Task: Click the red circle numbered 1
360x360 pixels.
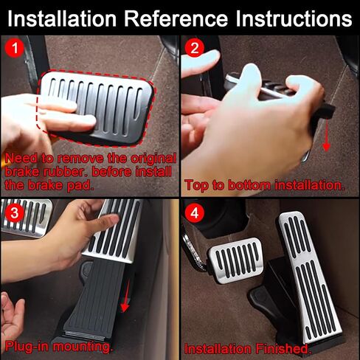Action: click(x=15, y=48)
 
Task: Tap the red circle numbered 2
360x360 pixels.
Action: click(x=194, y=48)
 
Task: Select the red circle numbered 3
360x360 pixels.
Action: click(x=15, y=212)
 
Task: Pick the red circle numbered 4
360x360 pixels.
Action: click(x=194, y=212)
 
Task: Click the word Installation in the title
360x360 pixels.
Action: click(x=62, y=18)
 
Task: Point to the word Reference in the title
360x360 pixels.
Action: click(x=176, y=18)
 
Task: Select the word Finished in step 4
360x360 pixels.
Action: click(x=282, y=348)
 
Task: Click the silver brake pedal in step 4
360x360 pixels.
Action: click(x=236, y=260)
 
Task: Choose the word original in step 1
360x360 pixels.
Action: click(x=153, y=159)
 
